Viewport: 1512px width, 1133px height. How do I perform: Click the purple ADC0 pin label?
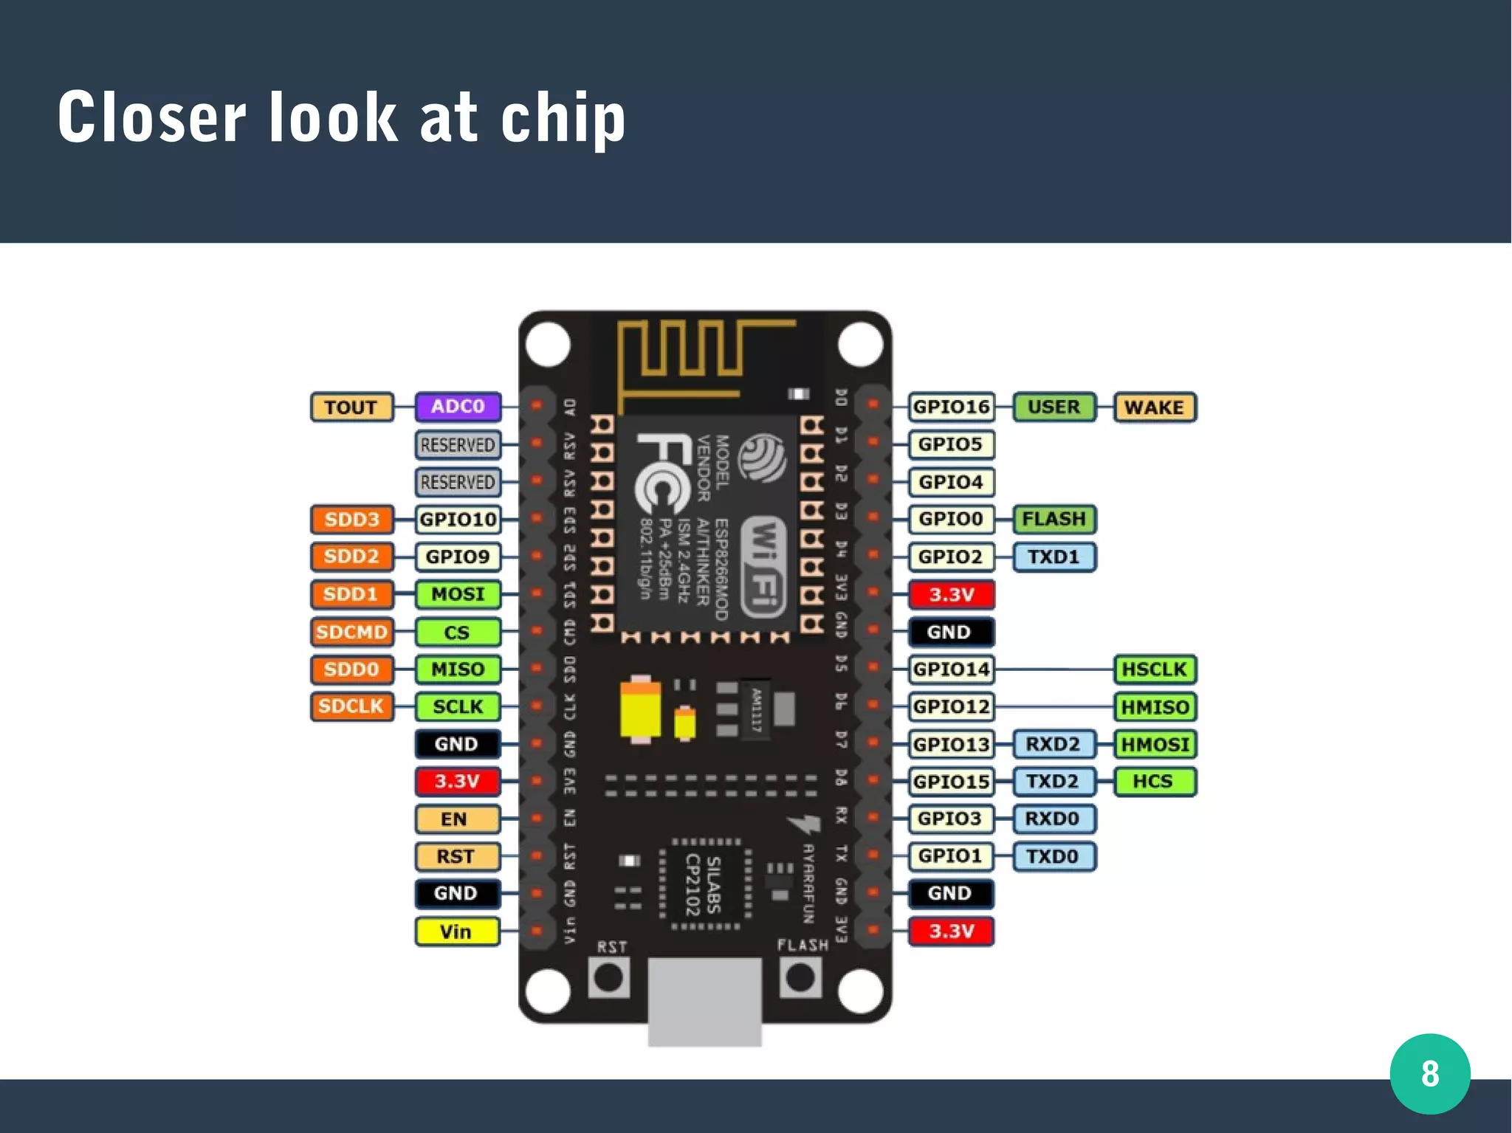pyautogui.click(x=458, y=407)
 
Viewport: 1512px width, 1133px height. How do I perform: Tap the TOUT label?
pyautogui.click(x=351, y=407)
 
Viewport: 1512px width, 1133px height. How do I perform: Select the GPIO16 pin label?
pyautogui.click(x=951, y=407)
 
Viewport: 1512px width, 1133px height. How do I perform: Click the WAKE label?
pyautogui.click(x=1154, y=407)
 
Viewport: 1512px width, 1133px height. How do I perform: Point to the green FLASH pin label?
pyautogui.click(x=1054, y=519)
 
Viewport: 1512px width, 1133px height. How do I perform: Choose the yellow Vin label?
pyautogui.click(x=457, y=931)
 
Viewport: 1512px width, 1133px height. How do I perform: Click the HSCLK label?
pyautogui.click(x=1154, y=669)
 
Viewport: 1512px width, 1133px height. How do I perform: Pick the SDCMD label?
pyautogui.click(x=351, y=632)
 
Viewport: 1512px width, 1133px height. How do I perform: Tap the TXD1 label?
pyautogui.click(x=1054, y=557)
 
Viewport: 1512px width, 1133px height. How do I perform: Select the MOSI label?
pyautogui.click(x=458, y=594)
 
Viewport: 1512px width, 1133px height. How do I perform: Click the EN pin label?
pyautogui.click(x=456, y=819)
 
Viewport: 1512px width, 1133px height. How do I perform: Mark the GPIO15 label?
pyautogui.click(x=951, y=782)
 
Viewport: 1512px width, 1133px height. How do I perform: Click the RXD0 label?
pyautogui.click(x=1053, y=819)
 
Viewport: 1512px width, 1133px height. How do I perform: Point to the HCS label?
pyautogui.click(x=1154, y=782)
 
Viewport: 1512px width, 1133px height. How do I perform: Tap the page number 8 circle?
pyautogui.click(x=1430, y=1074)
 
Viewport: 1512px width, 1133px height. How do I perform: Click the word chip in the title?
pyautogui.click(x=563, y=118)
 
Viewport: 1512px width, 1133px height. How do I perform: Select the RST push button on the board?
pyautogui.click(x=609, y=978)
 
